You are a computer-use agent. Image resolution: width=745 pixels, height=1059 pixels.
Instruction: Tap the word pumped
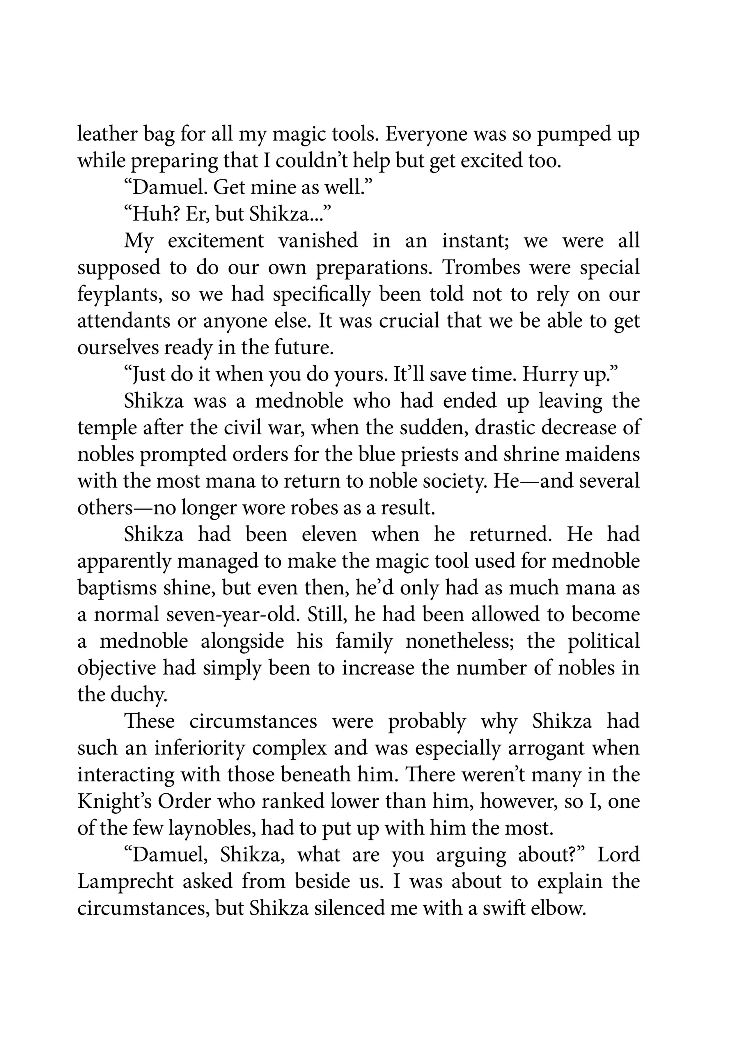click(x=571, y=134)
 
